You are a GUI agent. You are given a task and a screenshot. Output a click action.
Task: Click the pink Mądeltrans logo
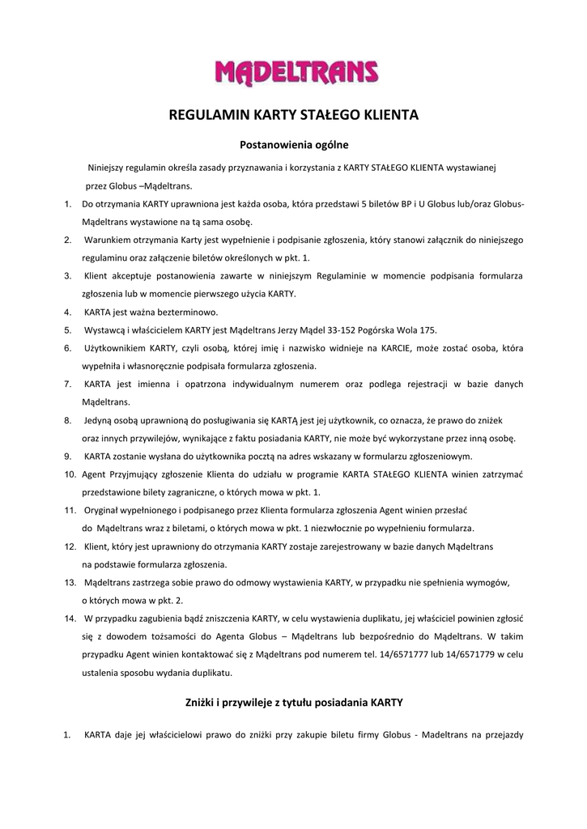click(x=296, y=72)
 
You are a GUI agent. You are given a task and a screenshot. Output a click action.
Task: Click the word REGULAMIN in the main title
click(x=200, y=116)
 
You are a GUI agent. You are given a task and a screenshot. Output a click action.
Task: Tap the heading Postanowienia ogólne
click(x=294, y=146)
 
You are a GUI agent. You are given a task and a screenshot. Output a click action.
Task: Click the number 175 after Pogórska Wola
click(x=427, y=330)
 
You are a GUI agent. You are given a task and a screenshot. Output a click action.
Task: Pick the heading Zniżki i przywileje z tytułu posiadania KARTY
click(x=294, y=702)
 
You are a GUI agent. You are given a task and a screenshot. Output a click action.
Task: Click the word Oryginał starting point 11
click(x=105, y=511)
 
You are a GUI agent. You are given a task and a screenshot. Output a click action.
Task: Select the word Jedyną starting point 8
click(x=102, y=421)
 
